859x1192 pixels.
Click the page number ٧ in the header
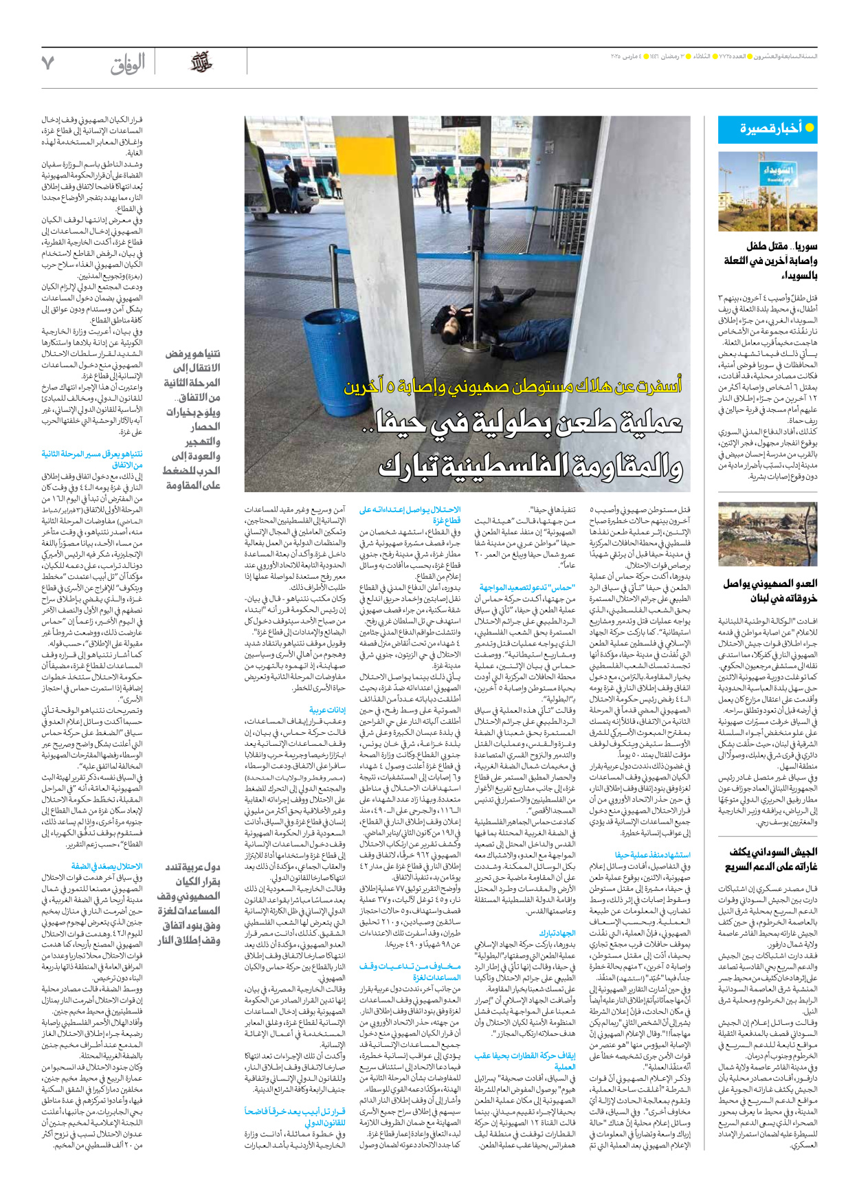[x=47, y=63]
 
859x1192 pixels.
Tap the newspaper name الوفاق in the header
[x=128, y=65]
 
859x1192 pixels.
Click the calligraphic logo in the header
[x=201, y=63]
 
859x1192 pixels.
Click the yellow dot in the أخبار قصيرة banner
[x=810, y=128]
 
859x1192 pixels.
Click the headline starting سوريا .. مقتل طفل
[x=770, y=261]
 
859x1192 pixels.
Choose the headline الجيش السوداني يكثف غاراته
[x=772, y=859]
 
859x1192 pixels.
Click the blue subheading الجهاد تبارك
[x=557, y=933]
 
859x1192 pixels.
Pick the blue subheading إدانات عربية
[x=327, y=709]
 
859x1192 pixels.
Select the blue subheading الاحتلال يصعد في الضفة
[x=107, y=866]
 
